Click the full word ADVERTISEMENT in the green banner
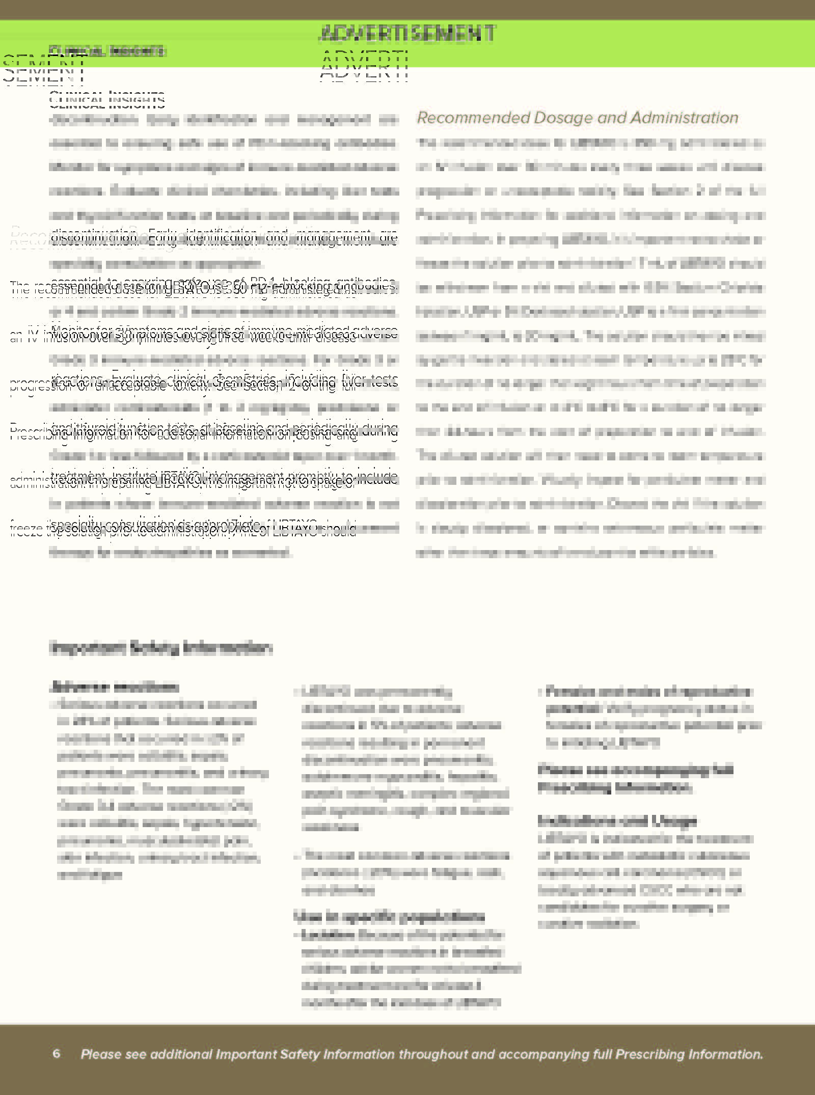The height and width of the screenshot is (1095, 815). click(x=407, y=34)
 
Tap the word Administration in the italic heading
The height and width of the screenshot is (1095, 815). click(x=684, y=118)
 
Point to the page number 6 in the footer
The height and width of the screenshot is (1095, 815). click(x=57, y=1053)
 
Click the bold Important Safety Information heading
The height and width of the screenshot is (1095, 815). click(x=161, y=648)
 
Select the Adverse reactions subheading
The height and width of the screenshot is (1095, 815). click(x=115, y=687)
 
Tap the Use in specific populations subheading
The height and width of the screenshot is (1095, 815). click(x=390, y=917)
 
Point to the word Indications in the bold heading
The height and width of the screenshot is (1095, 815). click(x=573, y=820)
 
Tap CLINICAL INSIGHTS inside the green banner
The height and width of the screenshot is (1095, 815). click(x=107, y=51)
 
